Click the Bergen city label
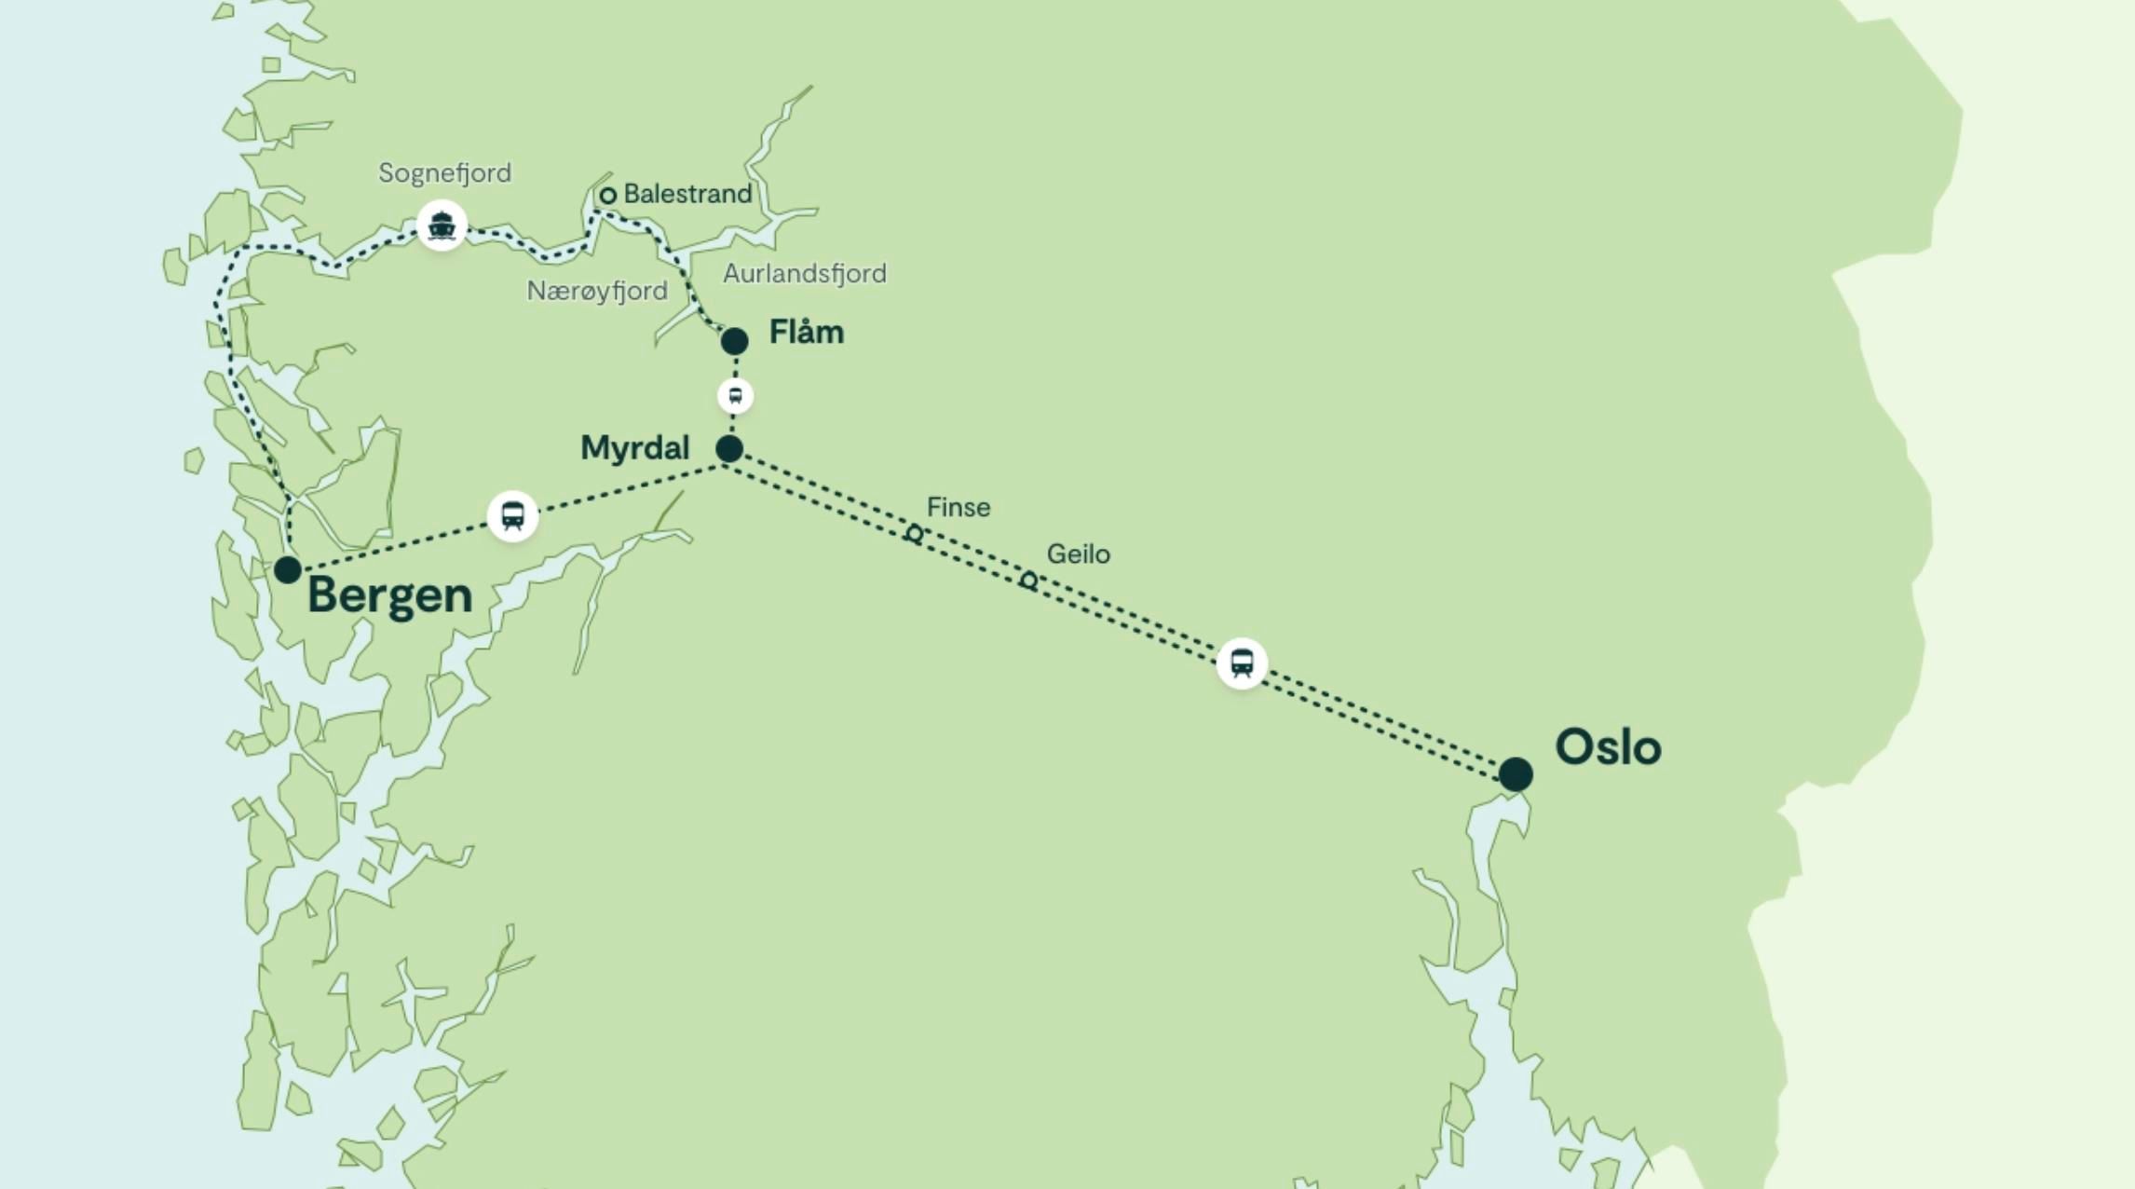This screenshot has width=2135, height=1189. [389, 595]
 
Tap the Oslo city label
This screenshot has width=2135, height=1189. [1608, 747]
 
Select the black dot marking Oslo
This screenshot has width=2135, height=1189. [1516, 774]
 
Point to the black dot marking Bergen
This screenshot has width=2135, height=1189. [288, 569]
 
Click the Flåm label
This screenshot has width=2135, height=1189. [807, 333]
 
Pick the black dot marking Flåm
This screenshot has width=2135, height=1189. [734, 341]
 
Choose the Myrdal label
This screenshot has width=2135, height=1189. [634, 448]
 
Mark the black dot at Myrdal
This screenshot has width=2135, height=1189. [729, 449]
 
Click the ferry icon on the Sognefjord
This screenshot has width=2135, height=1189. [442, 225]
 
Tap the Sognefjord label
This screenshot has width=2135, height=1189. [444, 173]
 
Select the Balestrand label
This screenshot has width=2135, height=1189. [687, 194]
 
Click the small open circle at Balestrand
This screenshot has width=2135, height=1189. [608, 196]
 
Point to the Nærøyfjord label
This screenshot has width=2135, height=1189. [597, 292]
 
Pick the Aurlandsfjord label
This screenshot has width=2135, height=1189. [805, 274]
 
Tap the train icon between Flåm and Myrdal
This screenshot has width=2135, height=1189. [735, 396]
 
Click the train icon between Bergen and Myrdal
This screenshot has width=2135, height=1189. [512, 515]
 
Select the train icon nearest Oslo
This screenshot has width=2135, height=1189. [1242, 663]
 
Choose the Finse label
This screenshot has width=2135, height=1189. [959, 508]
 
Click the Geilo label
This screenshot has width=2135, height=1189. [1078, 554]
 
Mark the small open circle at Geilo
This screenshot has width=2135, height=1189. [1028, 581]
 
